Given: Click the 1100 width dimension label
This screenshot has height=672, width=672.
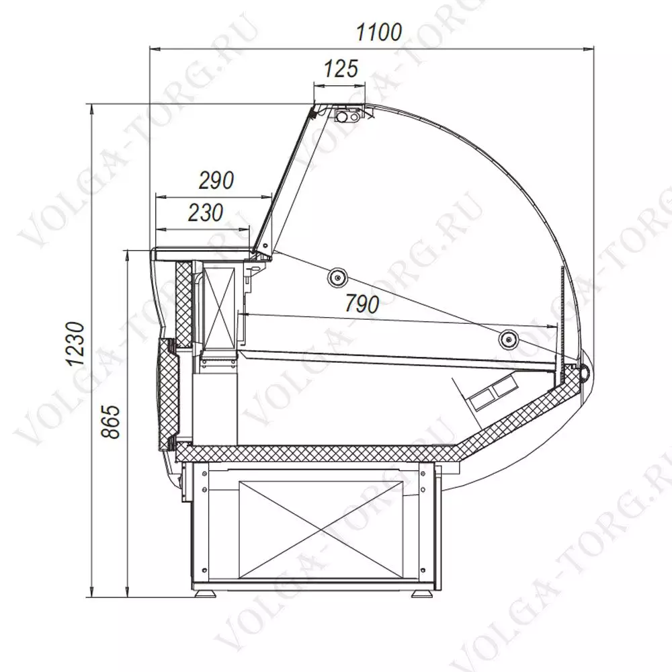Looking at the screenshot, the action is [379, 32].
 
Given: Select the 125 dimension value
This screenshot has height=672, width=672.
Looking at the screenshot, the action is [340, 69].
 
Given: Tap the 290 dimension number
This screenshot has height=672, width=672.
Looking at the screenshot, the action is [216, 180].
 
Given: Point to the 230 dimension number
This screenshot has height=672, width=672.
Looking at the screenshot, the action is [206, 212].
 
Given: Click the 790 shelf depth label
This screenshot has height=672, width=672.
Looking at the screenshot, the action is [362, 304].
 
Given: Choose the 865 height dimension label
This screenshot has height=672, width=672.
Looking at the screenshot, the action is [111, 421].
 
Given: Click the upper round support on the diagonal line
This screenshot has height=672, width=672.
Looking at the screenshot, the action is [338, 279].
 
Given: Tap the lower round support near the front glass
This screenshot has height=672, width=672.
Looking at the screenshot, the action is [508, 339].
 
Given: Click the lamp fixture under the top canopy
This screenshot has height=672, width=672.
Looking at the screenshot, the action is [348, 116].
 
